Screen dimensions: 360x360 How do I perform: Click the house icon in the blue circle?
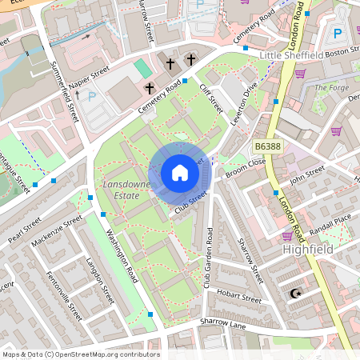(x=179, y=174)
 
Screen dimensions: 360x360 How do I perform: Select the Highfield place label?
(x=306, y=250)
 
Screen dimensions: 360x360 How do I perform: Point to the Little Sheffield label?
(x=292, y=54)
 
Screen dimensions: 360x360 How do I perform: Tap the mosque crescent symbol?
(x=296, y=294)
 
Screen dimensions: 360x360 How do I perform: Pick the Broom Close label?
(x=246, y=166)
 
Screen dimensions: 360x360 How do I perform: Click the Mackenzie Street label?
(x=57, y=230)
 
